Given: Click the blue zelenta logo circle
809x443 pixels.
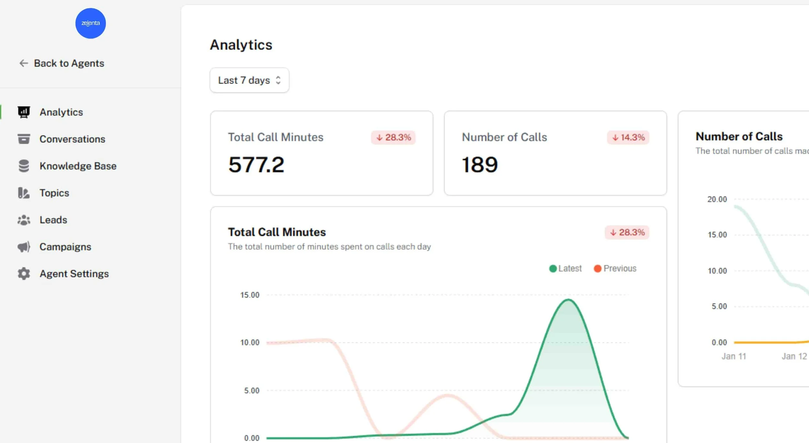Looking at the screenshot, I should coord(90,23).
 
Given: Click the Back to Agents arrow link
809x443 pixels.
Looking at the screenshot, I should coord(61,63).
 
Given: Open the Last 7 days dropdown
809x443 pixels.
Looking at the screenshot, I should coord(249,80).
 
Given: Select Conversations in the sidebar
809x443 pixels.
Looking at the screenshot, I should coord(72,139).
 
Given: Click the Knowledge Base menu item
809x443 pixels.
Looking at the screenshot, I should coord(78,166).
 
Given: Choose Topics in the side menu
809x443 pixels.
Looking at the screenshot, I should coord(54,193).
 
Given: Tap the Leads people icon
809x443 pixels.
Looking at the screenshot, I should coord(24,220).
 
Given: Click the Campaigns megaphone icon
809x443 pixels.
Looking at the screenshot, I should coord(24,247).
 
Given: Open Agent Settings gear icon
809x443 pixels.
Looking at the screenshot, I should coord(24,274).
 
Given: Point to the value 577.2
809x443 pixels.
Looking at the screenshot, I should coord(256,165).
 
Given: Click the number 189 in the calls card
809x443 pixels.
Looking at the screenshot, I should coord(480,165).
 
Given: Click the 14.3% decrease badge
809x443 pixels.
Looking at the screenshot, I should coord(628,137).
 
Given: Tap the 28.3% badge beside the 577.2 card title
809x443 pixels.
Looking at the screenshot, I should coord(393,137).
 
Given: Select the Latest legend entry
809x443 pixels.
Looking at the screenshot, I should coord(565,268).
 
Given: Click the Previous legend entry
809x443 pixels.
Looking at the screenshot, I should coord(615,268).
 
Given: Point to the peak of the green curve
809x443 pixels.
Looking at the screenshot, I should coord(568,300).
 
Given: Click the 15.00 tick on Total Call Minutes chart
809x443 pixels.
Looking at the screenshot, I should coord(249,295).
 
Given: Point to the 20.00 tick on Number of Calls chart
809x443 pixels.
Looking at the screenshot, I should coord(717,199).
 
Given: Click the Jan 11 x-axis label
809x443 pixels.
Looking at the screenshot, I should coord(734,356).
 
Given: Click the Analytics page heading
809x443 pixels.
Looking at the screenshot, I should coord(241,45).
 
